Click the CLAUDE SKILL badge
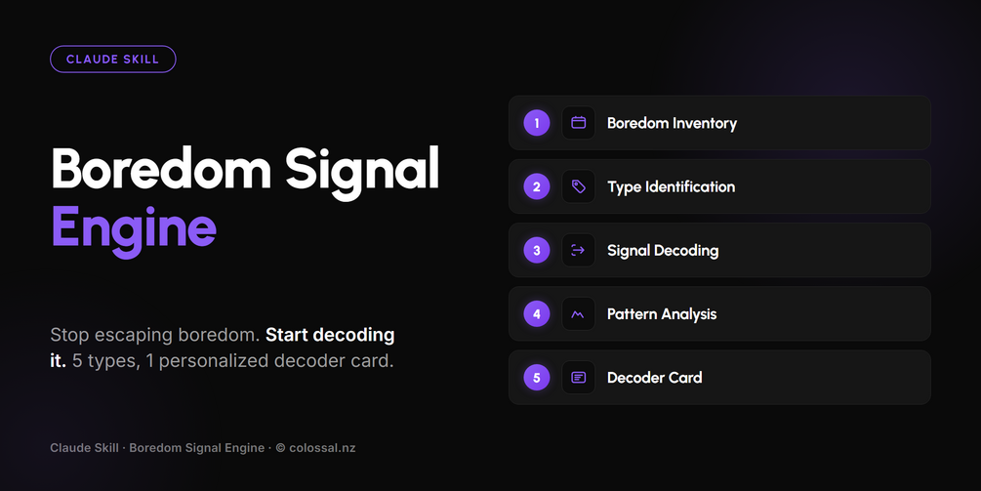(112, 60)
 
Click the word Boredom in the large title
(161, 168)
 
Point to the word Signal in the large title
(362, 173)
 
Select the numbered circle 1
(537, 123)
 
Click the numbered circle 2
(537, 186)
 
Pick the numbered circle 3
(537, 250)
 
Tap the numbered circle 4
(537, 314)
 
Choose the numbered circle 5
(537, 378)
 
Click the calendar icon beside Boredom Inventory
(579, 123)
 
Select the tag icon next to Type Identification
(579, 186)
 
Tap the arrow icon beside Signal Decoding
(579, 250)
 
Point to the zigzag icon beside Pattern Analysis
(579, 314)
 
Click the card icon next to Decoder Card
(579, 378)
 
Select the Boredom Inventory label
(672, 123)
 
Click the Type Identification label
(672, 187)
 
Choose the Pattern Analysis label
(662, 314)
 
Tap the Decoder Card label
(654, 378)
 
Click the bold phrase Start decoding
(330, 335)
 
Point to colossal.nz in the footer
(322, 448)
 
